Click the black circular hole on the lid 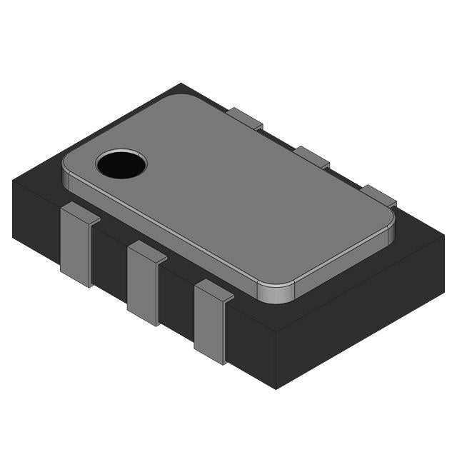coord(121,164)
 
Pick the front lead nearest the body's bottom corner coord(211,322)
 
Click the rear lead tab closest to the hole coord(245,118)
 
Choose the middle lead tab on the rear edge coord(312,156)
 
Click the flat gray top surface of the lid coord(236,193)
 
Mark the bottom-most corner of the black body coord(276,388)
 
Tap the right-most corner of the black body coord(444,239)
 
